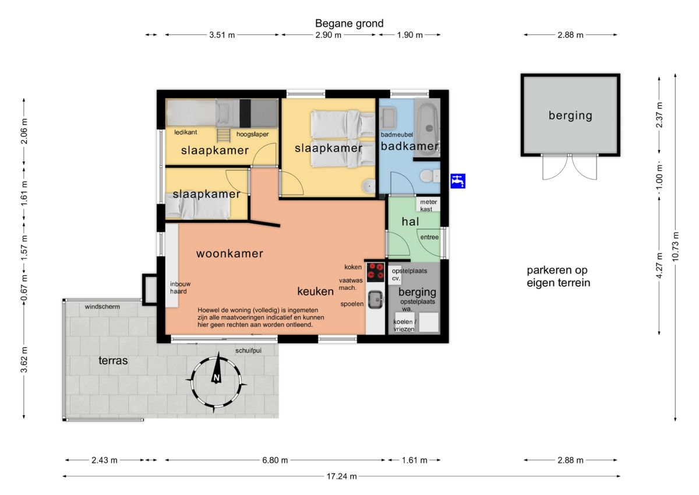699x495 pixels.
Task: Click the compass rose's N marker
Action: click(216, 378)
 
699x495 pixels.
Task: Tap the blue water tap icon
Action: click(458, 181)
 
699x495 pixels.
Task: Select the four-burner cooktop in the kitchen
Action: click(375, 271)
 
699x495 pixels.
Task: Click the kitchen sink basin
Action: click(375, 300)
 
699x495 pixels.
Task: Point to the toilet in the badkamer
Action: click(429, 176)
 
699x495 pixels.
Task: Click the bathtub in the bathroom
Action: click(428, 127)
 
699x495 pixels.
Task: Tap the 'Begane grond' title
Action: click(349, 23)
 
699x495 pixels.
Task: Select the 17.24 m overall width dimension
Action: click(341, 476)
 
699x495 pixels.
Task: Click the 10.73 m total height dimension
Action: click(675, 247)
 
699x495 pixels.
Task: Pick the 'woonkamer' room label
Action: click(230, 253)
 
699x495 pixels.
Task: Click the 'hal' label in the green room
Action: click(410, 222)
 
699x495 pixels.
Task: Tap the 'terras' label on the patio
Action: click(113, 360)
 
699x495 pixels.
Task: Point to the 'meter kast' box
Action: click(428, 205)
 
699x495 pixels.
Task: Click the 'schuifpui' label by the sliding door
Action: click(248, 350)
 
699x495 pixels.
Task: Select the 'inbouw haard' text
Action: click(180, 287)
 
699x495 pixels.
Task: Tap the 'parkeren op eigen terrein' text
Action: click(558, 276)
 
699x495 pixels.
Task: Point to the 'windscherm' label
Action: click(102, 307)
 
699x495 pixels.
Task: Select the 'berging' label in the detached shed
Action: click(570, 115)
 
